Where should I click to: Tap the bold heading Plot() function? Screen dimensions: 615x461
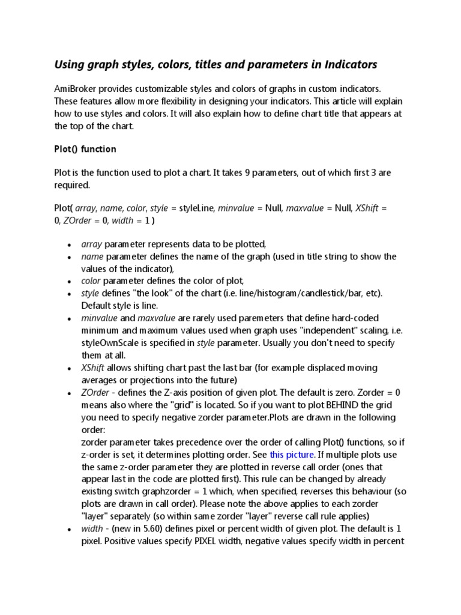85,148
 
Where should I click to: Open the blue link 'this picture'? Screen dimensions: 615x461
292,455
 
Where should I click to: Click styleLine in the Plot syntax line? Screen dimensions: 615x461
195,208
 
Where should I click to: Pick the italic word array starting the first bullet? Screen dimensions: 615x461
92,244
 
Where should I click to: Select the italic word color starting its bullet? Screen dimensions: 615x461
91,280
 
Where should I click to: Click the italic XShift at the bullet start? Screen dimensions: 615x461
93,367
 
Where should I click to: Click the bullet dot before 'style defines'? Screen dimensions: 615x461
70,294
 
